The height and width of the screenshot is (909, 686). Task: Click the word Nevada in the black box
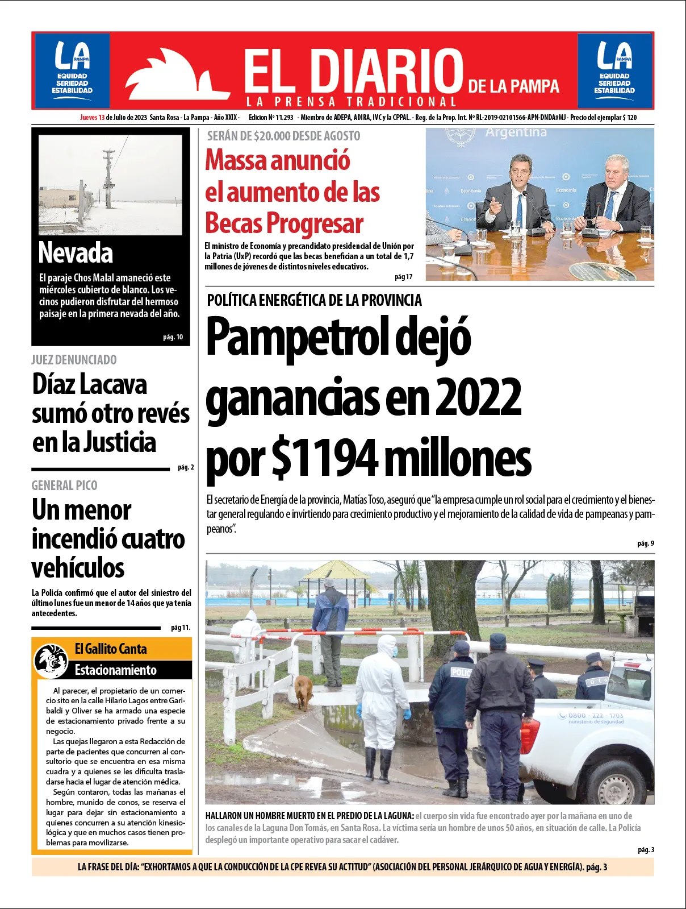[76, 254]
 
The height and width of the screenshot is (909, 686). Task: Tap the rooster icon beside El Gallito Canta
[51, 660]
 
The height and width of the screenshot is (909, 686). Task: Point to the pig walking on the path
[304, 690]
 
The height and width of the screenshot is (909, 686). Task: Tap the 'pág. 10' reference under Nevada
[173, 337]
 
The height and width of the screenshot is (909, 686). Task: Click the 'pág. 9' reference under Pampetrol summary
[645, 543]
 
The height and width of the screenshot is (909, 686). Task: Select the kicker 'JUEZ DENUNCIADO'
[74, 360]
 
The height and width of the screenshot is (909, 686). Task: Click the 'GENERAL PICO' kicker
[64, 485]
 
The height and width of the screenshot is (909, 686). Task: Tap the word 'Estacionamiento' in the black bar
[115, 670]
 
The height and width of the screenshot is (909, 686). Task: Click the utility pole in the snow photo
[108, 176]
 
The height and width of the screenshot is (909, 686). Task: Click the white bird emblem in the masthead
[170, 77]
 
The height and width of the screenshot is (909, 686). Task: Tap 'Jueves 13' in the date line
[92, 118]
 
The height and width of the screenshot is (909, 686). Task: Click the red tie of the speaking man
[518, 209]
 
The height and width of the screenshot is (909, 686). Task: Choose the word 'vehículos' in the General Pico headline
[78, 568]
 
